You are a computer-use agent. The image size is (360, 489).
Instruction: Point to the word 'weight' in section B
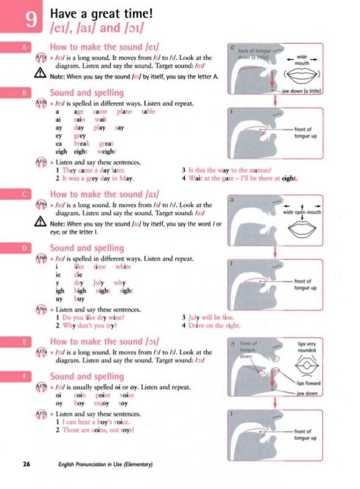pyautogui.click(x=106, y=152)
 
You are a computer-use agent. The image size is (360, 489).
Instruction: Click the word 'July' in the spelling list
pyautogui.click(x=99, y=283)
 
